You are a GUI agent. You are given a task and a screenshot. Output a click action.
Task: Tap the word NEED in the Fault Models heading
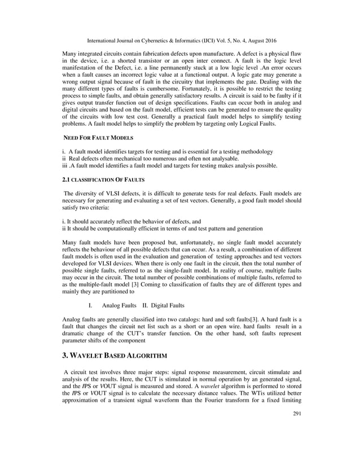71,138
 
